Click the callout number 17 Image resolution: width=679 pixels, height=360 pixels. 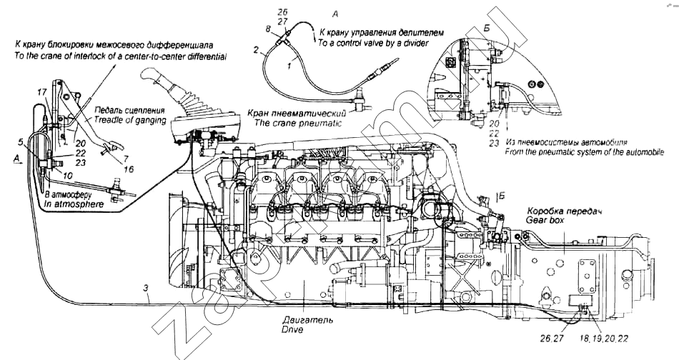pyautogui.click(x=42, y=91)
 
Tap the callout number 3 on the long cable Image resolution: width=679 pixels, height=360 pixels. pyautogui.click(x=146, y=288)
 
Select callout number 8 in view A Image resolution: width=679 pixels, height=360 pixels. pyautogui.click(x=267, y=29)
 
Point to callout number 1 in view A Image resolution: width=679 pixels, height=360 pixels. pyautogui.click(x=288, y=65)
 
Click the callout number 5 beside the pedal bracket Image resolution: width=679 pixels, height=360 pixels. pyautogui.click(x=21, y=141)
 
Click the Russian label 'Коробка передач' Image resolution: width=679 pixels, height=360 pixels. pyautogui.click(x=562, y=212)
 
